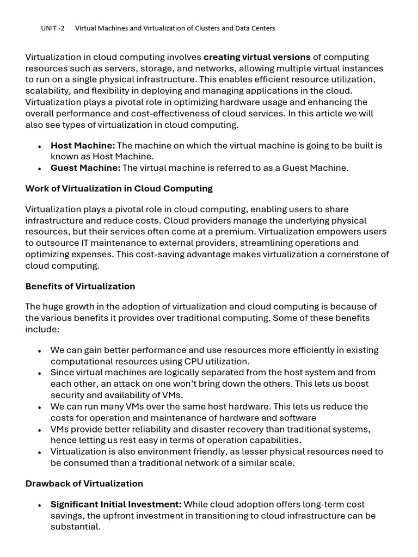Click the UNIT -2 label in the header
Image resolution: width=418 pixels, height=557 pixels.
coord(52,28)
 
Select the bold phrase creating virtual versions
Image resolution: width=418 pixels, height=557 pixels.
coord(257,57)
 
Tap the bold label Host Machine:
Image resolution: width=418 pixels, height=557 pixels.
coord(83,146)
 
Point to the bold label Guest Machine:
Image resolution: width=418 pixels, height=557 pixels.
coord(85,168)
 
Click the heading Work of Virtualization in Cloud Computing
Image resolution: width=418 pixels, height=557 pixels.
coord(119,189)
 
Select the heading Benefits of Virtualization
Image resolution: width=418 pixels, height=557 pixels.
coord(80,287)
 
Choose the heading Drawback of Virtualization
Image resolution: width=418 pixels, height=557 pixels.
coord(84,484)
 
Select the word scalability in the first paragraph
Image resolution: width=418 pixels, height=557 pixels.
coord(47,91)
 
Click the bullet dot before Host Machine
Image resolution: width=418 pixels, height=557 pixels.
coord(40,147)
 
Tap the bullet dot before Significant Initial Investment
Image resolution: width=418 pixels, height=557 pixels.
coord(40,506)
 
